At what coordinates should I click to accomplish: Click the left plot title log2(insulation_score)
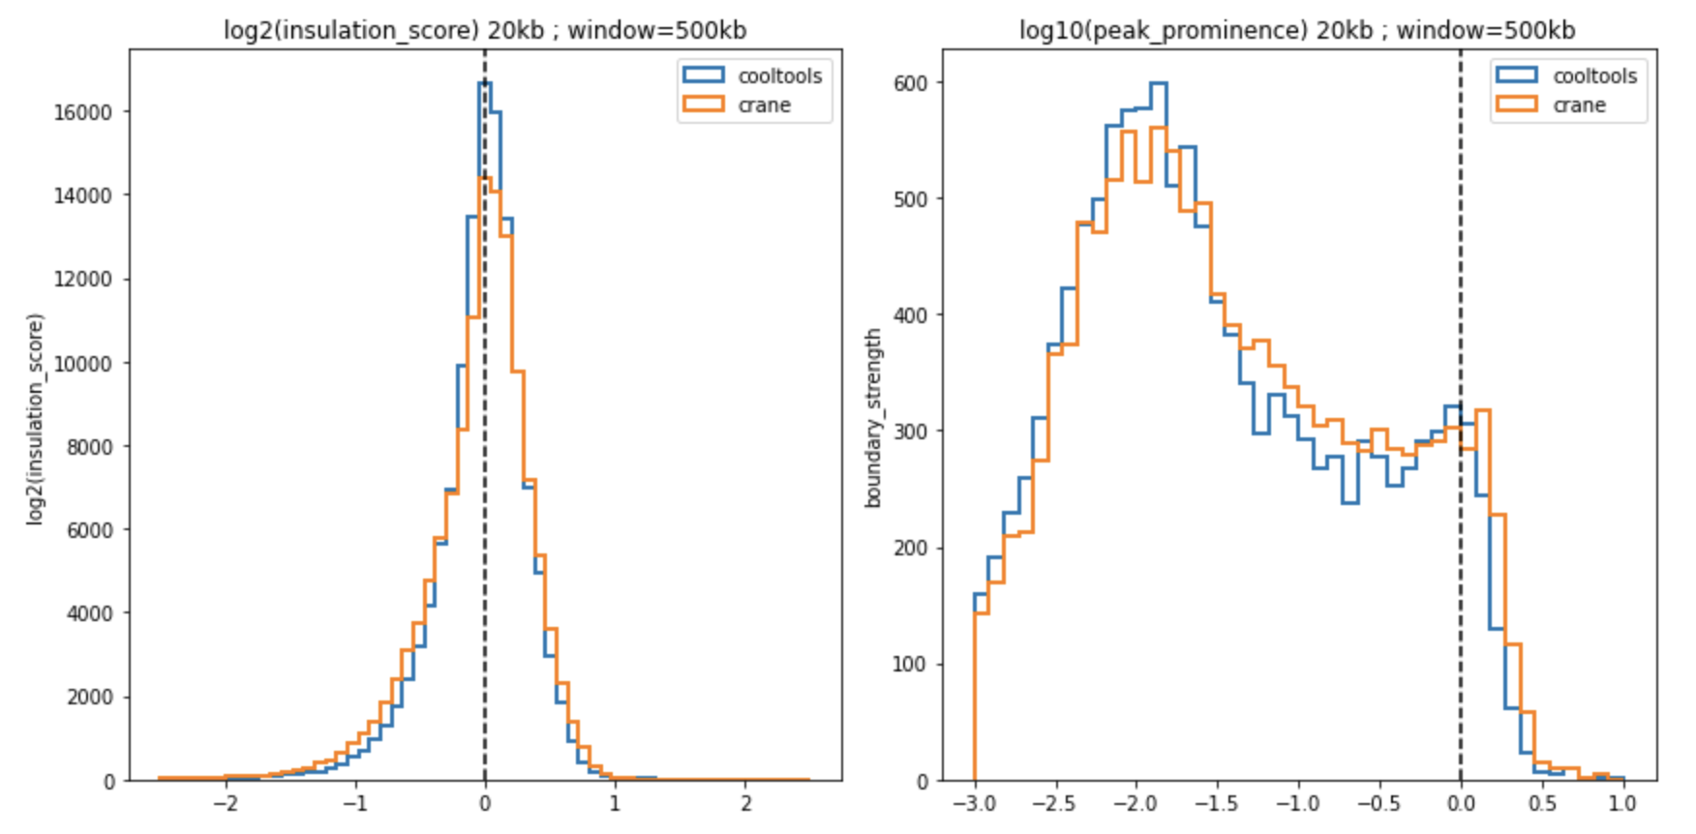(x=485, y=30)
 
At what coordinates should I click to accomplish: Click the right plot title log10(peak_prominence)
(x=1297, y=30)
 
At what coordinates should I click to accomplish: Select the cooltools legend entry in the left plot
(x=779, y=75)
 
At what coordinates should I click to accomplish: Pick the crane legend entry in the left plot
(x=764, y=104)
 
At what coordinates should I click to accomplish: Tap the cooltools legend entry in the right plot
(x=1594, y=75)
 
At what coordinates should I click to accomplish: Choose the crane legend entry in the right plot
(x=1579, y=104)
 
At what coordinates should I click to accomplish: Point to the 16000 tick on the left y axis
(x=83, y=112)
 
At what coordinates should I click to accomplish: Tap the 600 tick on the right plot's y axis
(x=911, y=83)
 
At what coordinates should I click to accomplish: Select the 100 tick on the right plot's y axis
(x=911, y=665)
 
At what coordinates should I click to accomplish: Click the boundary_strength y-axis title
(x=873, y=417)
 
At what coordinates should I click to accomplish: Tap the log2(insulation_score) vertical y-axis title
(x=35, y=417)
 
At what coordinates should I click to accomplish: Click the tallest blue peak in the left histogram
(x=484, y=83)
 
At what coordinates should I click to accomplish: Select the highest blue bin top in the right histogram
(x=1158, y=83)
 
